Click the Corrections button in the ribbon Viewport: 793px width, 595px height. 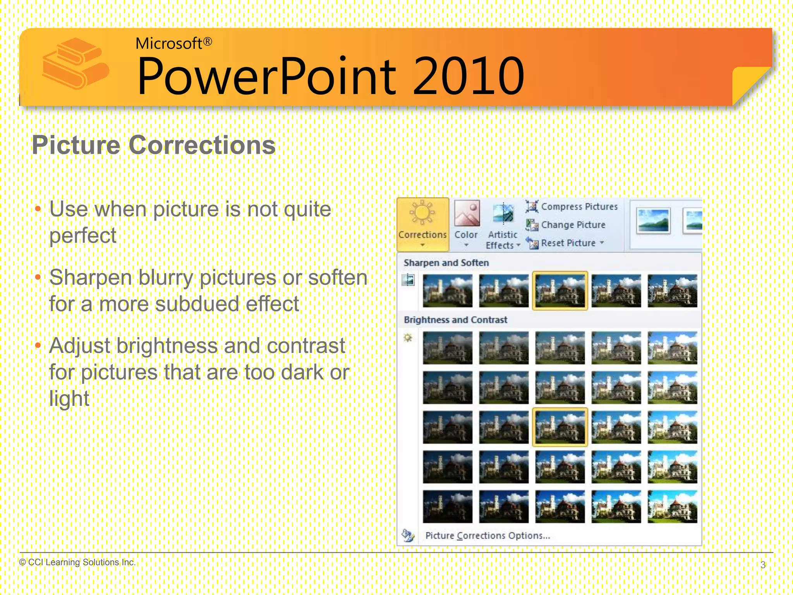click(422, 224)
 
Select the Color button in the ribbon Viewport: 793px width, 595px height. click(466, 224)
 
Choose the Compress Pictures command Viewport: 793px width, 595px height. click(572, 206)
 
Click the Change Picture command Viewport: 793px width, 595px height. click(566, 225)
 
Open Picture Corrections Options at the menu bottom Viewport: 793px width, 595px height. click(487, 535)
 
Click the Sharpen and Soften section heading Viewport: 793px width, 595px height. click(446, 263)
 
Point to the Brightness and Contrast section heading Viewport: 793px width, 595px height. click(455, 320)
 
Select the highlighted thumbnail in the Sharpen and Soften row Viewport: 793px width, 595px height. click(560, 291)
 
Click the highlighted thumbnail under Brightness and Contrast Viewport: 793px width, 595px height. click(560, 427)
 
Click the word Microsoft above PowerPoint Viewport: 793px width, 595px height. click(169, 43)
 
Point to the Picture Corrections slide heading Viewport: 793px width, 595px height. click(154, 145)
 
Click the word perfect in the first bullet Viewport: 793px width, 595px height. click(82, 236)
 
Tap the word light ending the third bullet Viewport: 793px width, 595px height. click(69, 398)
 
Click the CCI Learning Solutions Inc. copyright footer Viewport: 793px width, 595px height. click(77, 562)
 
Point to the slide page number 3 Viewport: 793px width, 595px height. click(763, 565)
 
